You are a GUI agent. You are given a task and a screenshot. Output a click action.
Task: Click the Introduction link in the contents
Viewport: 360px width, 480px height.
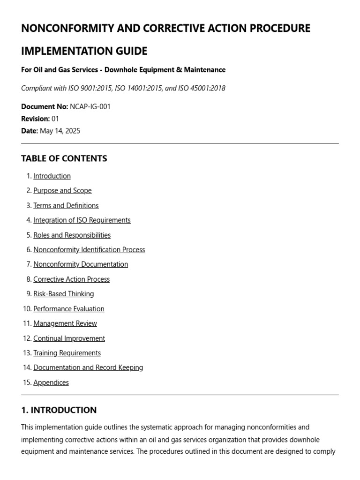tap(52, 176)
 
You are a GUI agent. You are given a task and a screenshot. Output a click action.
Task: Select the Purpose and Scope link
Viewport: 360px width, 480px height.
tap(62, 191)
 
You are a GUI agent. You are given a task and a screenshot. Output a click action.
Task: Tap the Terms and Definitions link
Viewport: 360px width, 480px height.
tap(66, 206)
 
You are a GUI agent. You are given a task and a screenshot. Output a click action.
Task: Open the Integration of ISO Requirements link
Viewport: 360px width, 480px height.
tap(82, 220)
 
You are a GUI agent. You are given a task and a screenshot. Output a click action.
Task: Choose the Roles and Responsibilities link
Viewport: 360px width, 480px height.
tap(72, 235)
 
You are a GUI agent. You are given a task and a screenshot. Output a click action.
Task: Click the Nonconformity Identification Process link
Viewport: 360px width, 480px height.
tap(89, 250)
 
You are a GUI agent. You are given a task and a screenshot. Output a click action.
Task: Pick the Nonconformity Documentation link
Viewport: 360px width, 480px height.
tap(81, 264)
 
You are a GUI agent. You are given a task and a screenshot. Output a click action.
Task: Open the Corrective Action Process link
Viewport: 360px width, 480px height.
tap(71, 279)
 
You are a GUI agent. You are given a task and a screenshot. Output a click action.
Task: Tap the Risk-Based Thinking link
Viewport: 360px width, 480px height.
tap(63, 294)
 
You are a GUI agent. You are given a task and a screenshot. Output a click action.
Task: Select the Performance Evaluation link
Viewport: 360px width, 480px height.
tap(69, 309)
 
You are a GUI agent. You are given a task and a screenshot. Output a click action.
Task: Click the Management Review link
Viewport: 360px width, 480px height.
tap(65, 323)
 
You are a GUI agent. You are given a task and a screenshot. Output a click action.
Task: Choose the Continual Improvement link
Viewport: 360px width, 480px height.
tap(69, 338)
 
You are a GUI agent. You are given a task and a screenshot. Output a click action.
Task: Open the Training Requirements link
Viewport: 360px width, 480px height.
tap(67, 353)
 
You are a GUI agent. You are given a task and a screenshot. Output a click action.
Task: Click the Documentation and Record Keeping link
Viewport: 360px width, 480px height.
tap(88, 367)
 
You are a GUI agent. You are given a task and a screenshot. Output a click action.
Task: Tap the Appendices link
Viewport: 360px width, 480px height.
tap(51, 382)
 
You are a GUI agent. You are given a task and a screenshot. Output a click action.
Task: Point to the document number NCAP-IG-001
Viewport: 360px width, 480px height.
tap(90, 107)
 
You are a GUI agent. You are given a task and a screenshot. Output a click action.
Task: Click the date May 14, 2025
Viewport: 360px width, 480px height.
tap(60, 131)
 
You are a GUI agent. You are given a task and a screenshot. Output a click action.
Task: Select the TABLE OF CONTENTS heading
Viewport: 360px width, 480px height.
tap(64, 158)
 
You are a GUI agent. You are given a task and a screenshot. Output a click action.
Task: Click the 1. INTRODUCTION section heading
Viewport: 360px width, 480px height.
tap(59, 410)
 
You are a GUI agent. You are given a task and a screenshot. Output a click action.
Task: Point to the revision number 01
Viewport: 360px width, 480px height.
tap(55, 119)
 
